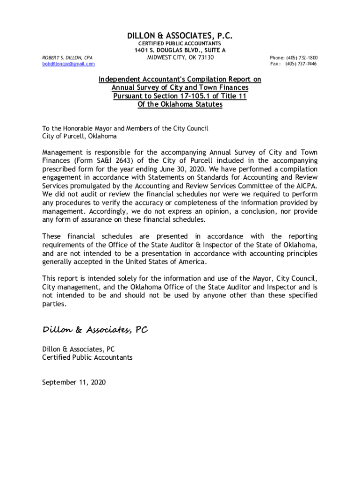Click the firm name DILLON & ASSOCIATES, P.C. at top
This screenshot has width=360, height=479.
pyautogui.click(x=180, y=36)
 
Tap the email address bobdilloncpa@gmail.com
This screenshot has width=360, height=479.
pyautogui.click(x=68, y=64)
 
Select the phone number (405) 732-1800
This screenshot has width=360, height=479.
pyautogui.click(x=302, y=58)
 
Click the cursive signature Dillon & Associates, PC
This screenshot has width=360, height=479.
pyautogui.click(x=95, y=330)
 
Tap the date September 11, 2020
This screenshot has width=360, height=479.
pyautogui.click(x=74, y=382)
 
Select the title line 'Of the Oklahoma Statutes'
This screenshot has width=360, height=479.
pyautogui.click(x=180, y=104)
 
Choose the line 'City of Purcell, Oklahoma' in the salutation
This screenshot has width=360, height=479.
pyautogui.click(x=79, y=136)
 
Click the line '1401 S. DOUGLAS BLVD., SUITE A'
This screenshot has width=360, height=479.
pyautogui.click(x=180, y=50)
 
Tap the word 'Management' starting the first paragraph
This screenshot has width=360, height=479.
pyautogui.click(x=62, y=152)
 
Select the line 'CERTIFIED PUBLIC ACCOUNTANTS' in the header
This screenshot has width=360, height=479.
pyautogui.click(x=180, y=44)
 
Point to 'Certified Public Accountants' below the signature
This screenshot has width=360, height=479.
pyautogui.click(x=87, y=357)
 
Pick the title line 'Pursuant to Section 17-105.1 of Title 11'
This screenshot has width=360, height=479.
pyautogui.click(x=180, y=96)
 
